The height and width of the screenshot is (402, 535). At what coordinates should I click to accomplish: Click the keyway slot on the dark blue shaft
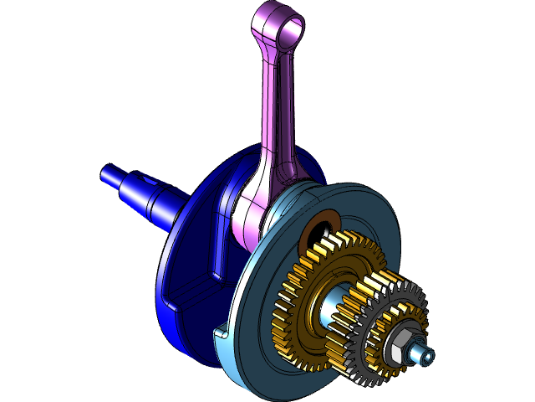point(147,182)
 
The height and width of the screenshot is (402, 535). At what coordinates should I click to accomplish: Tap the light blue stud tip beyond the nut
point(426,357)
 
